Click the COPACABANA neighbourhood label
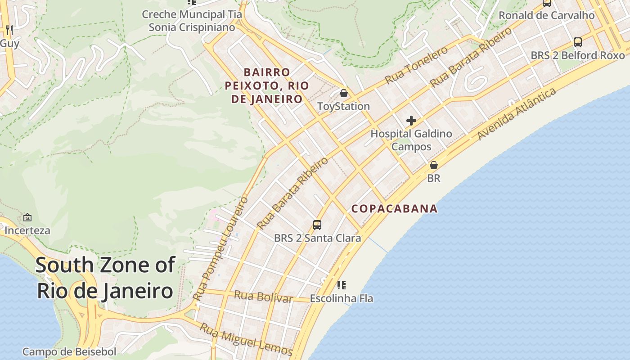[394, 208]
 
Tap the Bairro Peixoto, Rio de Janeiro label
[267, 85]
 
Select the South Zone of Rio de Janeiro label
[105, 278]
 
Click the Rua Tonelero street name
[416, 65]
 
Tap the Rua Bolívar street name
[264, 297]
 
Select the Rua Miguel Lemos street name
[246, 339]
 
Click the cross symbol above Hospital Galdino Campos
[411, 121]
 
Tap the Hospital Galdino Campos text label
[411, 140]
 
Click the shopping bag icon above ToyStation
[344, 93]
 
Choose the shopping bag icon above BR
[434, 165]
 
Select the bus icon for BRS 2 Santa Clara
[317, 225]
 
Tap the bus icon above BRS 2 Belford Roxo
[578, 42]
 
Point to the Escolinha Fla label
[342, 298]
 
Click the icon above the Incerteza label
[27, 217]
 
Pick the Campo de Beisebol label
[69, 351]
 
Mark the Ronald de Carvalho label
[546, 15]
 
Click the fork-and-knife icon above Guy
[9, 30]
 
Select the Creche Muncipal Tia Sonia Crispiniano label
[192, 21]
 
